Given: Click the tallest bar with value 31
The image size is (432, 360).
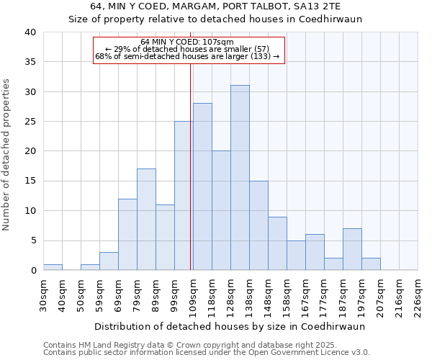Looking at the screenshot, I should (x=240, y=178).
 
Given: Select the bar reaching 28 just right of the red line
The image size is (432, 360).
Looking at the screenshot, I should (x=202, y=186).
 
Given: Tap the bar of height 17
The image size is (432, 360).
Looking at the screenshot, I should (x=146, y=220).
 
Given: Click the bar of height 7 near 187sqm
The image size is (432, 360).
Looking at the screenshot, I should (x=352, y=249).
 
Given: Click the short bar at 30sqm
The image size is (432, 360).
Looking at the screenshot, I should (x=53, y=267).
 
